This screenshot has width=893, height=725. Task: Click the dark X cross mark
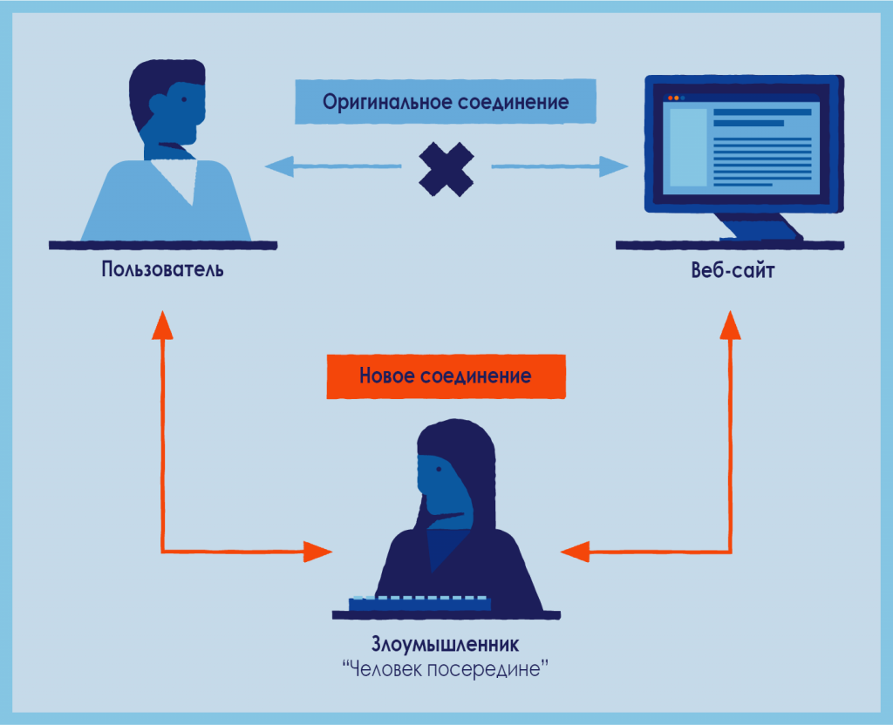coord(446,169)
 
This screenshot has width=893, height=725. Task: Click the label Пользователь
coord(162,269)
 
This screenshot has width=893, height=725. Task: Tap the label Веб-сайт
coord(733,270)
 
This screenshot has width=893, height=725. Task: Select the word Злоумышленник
coord(446,644)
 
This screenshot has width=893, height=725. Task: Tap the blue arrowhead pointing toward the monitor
coord(614,166)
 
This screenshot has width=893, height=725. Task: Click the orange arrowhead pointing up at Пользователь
coord(162,326)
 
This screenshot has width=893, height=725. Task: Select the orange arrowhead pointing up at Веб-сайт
coord(730,326)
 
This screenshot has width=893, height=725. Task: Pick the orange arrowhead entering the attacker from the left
coord(317,552)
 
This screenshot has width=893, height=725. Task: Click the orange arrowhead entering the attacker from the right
coord(576,552)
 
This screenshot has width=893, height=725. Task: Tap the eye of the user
coord(184,99)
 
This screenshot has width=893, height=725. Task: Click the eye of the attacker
coord(439,469)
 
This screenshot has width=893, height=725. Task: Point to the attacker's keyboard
coord(419,603)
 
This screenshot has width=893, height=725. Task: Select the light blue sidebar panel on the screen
coord(688,147)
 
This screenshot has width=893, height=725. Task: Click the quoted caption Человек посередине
coord(446,668)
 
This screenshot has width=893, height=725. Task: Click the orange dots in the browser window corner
coord(673,98)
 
